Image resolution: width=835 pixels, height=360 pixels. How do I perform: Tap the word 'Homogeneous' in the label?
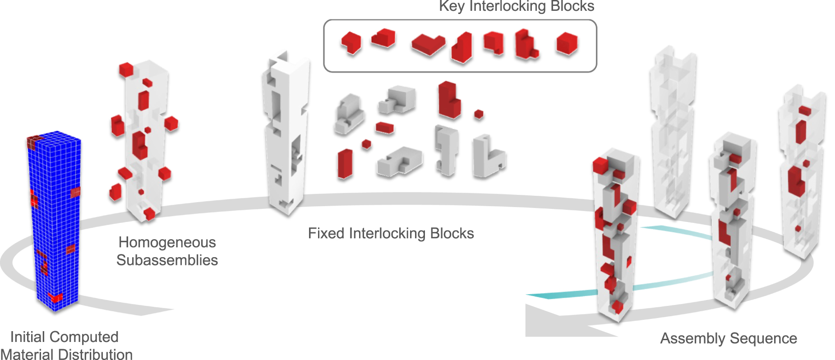click(x=167, y=242)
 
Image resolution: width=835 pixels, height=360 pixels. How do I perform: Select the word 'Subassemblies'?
click(x=167, y=260)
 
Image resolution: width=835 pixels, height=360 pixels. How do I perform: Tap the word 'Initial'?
click(x=28, y=337)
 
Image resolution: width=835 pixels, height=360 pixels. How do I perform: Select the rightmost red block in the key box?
click(x=567, y=44)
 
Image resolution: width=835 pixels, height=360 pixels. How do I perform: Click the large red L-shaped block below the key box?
click(x=448, y=100)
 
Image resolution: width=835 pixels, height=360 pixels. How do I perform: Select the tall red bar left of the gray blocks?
click(x=345, y=164)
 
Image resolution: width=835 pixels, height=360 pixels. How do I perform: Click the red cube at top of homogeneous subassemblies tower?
click(x=126, y=70)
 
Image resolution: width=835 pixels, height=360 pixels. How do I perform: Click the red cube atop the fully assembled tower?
click(x=600, y=165)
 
